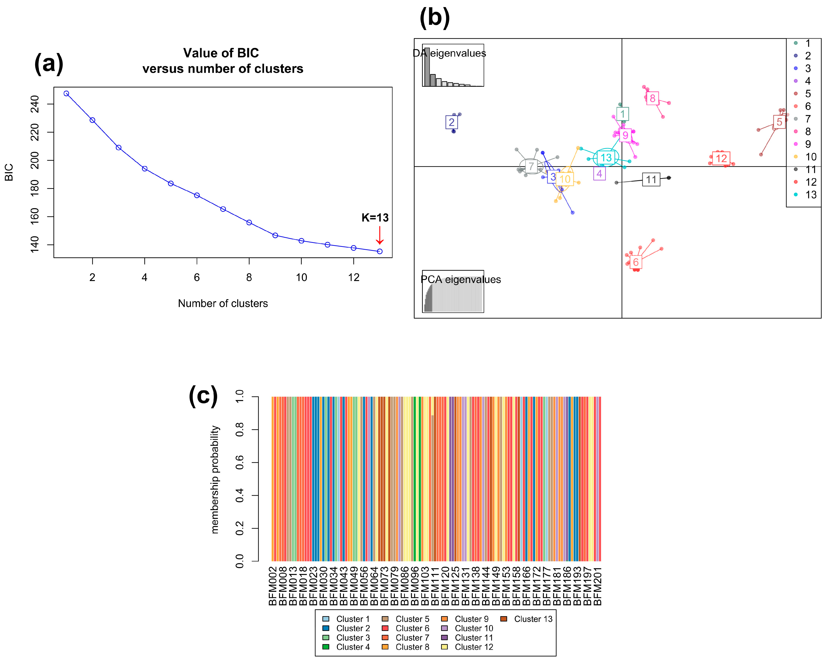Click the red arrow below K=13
pyautogui.click(x=380, y=235)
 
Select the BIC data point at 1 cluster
pyautogui.click(x=66, y=93)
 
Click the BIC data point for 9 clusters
pyautogui.click(x=275, y=235)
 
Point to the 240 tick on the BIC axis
pyautogui.click(x=35, y=104)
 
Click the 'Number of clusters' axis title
pyautogui.click(x=223, y=304)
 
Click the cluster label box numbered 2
pyautogui.click(x=451, y=122)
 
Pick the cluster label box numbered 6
pyautogui.click(x=636, y=262)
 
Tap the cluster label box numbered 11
pyautogui.click(x=651, y=180)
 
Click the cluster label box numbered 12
pyautogui.click(x=721, y=158)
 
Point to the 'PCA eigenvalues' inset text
pyautogui.click(x=461, y=279)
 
